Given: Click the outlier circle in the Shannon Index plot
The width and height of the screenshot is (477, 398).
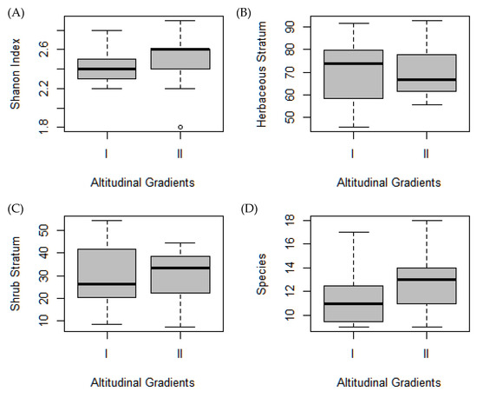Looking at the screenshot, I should click(180, 127).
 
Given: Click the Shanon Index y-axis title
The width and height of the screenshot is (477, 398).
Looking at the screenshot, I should click(16, 76).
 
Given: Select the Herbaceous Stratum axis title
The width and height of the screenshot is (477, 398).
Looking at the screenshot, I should click(263, 76).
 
